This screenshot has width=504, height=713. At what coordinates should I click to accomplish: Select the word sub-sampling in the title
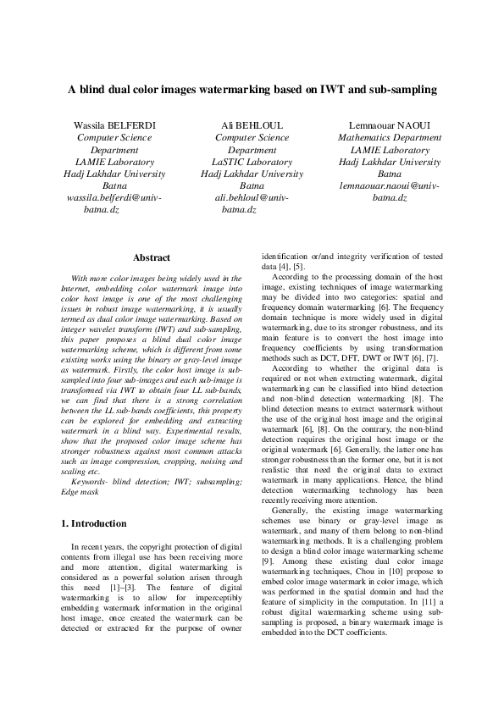coord(402,89)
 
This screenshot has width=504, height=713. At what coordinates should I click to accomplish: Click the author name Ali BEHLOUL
coord(252,126)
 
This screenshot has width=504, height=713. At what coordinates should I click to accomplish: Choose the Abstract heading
coord(152,258)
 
